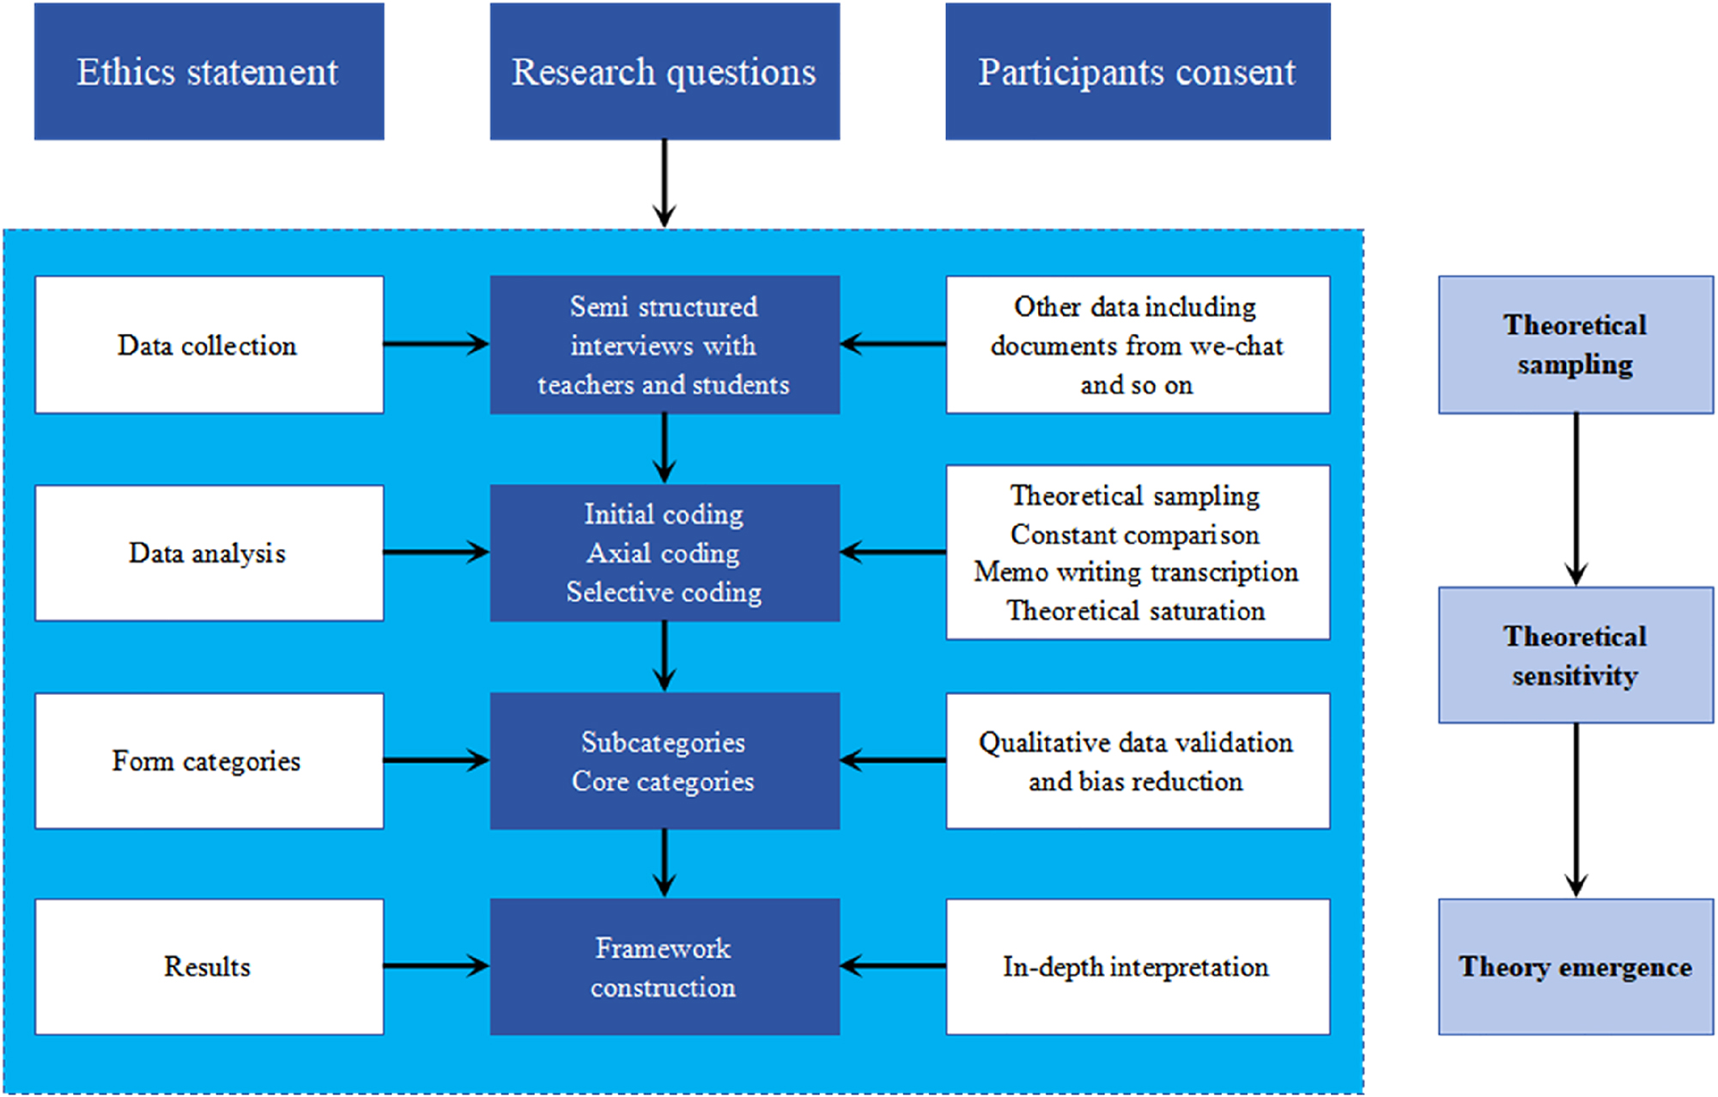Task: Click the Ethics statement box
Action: [x=209, y=71]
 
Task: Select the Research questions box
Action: [x=664, y=71]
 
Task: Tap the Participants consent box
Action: [x=1137, y=71]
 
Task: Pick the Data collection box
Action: [x=209, y=344]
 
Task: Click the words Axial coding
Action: [x=663, y=552]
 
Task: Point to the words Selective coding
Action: [x=663, y=592]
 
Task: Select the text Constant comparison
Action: [x=1134, y=534]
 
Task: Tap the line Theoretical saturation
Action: [x=1135, y=611]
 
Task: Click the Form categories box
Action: [x=209, y=760]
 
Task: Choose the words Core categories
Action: [x=663, y=781]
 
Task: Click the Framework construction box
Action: [x=664, y=966]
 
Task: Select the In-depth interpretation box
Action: [x=1137, y=966]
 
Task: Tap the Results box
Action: [x=209, y=966]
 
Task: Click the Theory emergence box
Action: [x=1575, y=966]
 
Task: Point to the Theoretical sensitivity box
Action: [x=1575, y=655]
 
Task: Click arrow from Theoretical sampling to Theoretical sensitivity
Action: [x=1575, y=498]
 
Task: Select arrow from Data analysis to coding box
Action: [x=435, y=552]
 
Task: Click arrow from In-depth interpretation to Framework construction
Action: [x=893, y=966]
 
